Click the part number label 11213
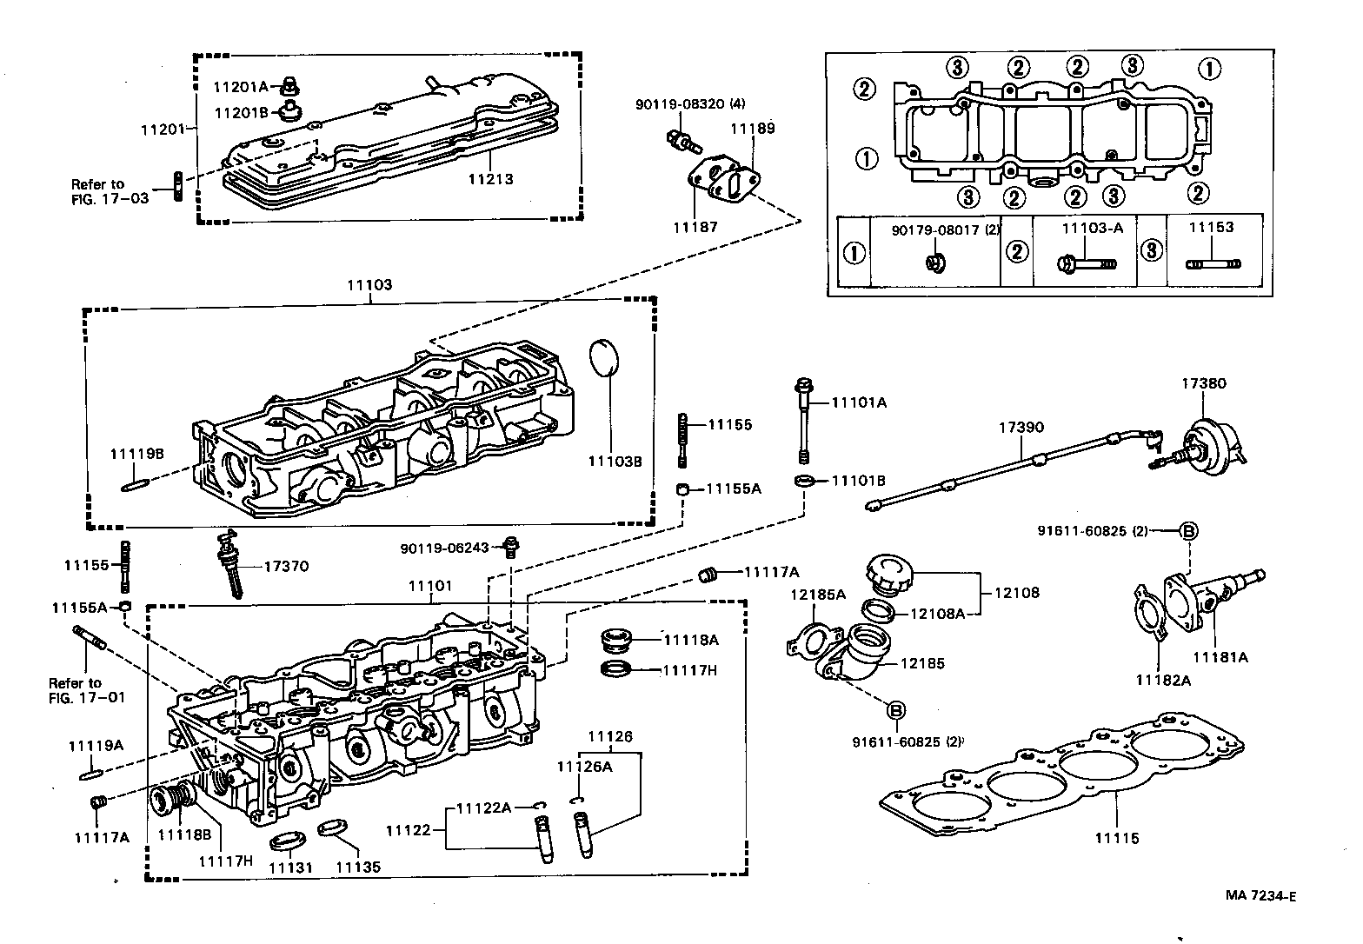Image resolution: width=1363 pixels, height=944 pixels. (x=490, y=179)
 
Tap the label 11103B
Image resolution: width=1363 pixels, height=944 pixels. (x=615, y=462)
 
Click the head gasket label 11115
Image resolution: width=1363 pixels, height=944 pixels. (x=1117, y=838)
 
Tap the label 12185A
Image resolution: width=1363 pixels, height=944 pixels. (x=817, y=595)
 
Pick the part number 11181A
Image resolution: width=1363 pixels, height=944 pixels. (x=1220, y=657)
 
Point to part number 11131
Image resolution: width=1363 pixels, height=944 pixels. (x=290, y=867)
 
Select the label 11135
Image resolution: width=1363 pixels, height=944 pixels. (x=358, y=867)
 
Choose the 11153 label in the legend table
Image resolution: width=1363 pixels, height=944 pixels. (x=1211, y=227)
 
